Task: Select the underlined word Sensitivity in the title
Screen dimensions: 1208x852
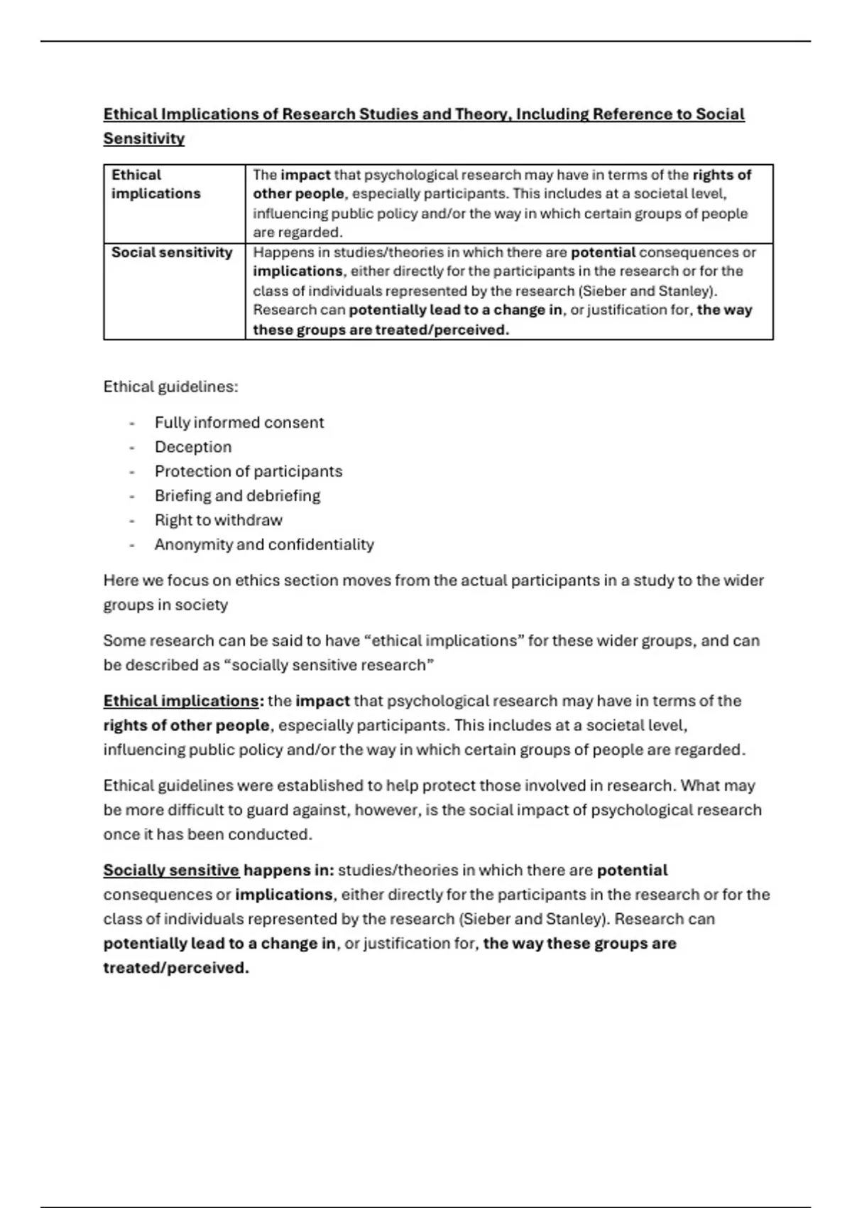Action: [x=143, y=139]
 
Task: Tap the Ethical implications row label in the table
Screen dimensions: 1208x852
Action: [x=155, y=184]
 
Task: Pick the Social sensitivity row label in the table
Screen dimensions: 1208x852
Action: [x=172, y=252]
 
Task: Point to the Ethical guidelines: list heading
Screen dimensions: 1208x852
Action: [x=170, y=387]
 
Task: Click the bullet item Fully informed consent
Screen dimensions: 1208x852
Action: [x=239, y=423]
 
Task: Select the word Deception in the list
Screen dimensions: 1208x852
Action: [x=193, y=447]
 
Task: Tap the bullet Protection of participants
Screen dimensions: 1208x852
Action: [x=248, y=471]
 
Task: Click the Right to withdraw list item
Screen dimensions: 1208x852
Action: [x=218, y=520]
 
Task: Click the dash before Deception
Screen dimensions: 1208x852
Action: [x=131, y=448]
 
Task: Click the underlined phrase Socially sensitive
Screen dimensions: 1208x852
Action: [x=171, y=870]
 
